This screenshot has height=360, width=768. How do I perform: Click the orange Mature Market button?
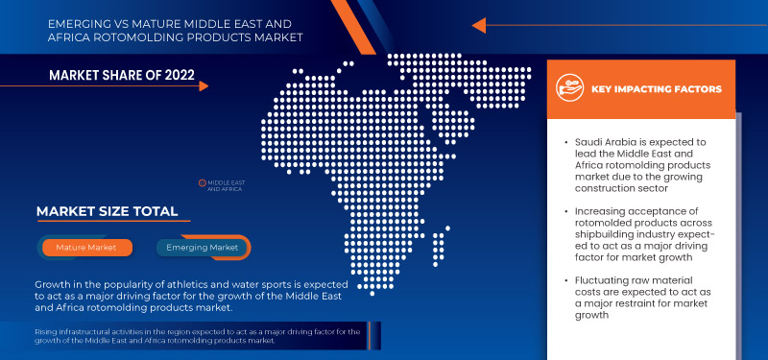coord(85,248)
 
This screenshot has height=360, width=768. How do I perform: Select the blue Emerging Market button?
coord(203,248)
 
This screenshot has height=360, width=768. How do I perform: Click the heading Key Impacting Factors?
coord(656,89)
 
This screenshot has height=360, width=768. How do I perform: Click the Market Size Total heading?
coord(106,211)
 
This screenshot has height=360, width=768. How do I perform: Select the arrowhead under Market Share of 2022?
coord(204,86)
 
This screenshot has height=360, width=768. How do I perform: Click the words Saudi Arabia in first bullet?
coord(600,140)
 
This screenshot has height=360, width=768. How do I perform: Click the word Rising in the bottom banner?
coord(46,331)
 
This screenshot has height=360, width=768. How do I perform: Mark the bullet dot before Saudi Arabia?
coord(566,141)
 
